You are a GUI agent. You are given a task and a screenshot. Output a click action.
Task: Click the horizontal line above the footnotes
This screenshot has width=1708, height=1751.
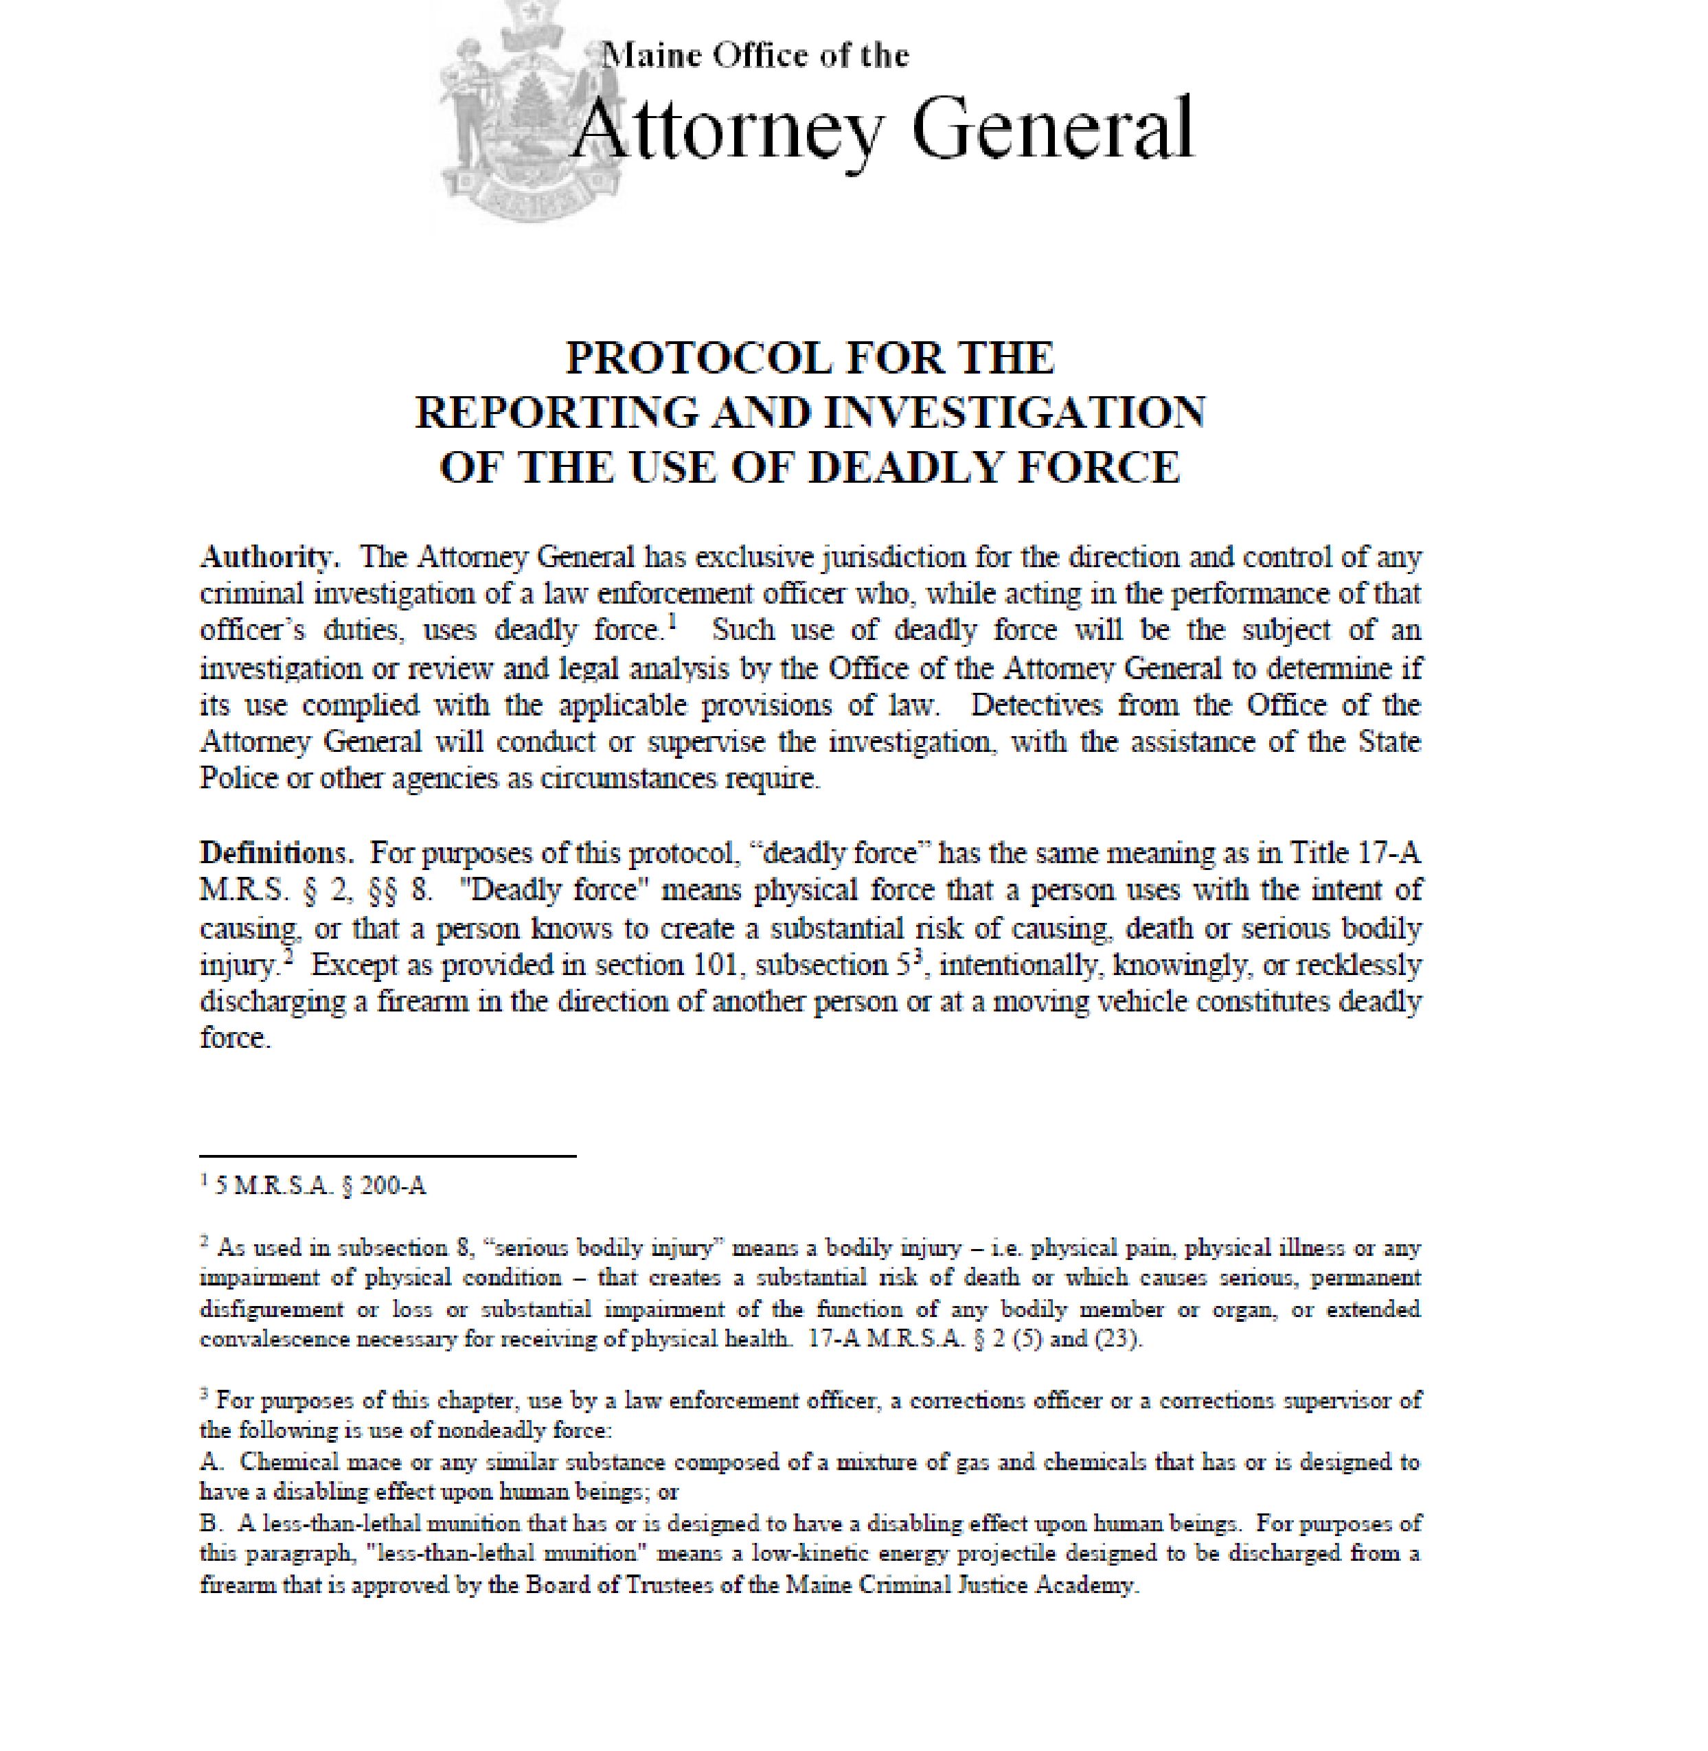pyautogui.click(x=387, y=1156)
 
